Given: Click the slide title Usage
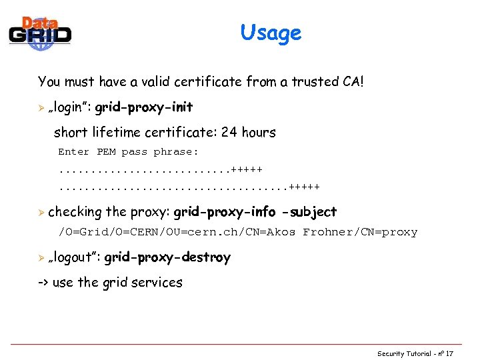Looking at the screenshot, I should (271, 33).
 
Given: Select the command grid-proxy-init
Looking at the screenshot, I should (144, 107).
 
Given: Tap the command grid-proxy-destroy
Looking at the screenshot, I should (167, 257).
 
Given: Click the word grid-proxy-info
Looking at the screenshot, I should (225, 212).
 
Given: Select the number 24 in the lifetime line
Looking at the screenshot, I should (229, 132).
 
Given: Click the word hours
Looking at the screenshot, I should (259, 132).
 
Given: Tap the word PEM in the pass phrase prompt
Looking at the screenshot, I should (106, 152).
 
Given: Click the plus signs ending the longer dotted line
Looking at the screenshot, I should (305, 186).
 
